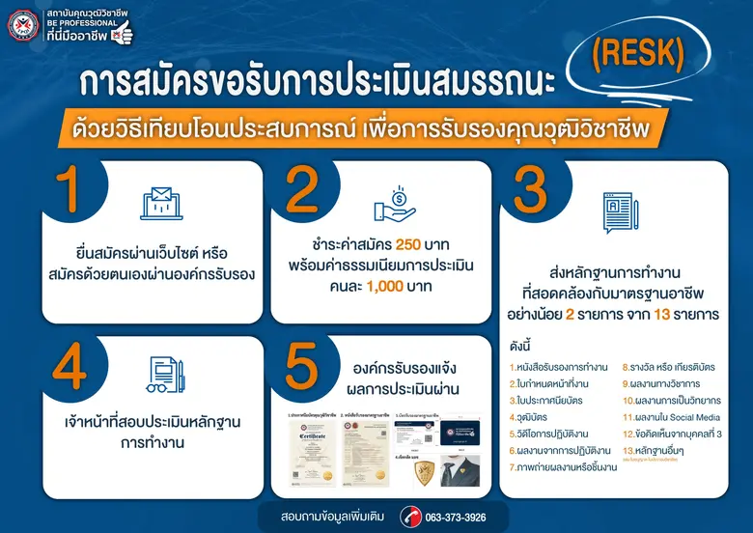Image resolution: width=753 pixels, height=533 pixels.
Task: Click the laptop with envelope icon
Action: pos(161,203)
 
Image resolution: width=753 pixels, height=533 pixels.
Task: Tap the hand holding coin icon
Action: pos(394,205)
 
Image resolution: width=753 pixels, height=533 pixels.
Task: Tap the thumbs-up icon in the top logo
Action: pos(123,29)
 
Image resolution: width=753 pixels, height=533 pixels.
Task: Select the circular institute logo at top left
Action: pos(22,24)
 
